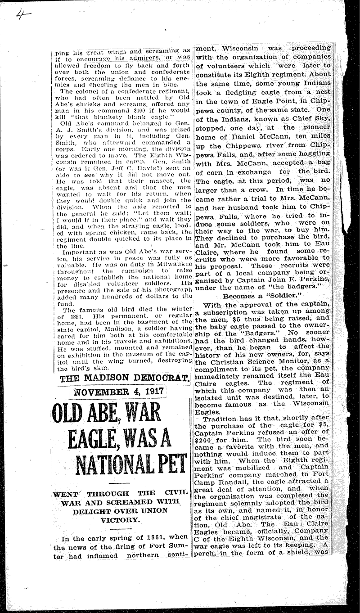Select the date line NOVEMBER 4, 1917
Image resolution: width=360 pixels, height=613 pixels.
click(117, 392)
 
